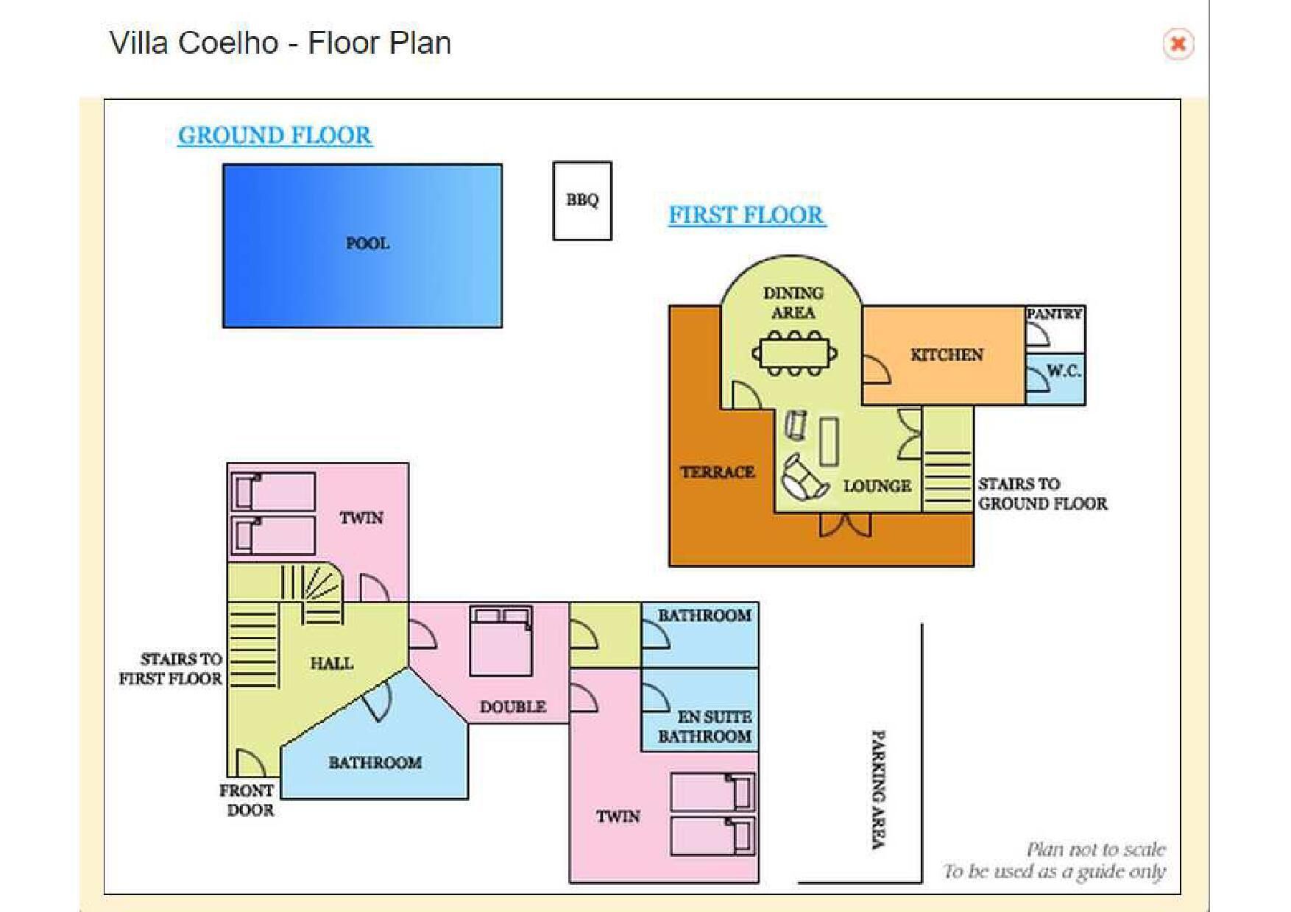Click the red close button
pyautogui.click(x=1178, y=44)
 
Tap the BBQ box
pyautogui.click(x=582, y=201)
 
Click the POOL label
pyautogui.click(x=367, y=243)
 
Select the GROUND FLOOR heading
pyautogui.click(x=275, y=135)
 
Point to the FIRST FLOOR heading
pyautogui.click(x=747, y=215)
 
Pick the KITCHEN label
pyautogui.click(x=947, y=355)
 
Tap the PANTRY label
pyautogui.click(x=1055, y=314)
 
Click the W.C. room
pyautogui.click(x=1055, y=379)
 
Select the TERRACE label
pyautogui.click(x=718, y=472)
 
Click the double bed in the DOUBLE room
pyautogui.click(x=501, y=641)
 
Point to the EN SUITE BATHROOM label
pyautogui.click(x=705, y=727)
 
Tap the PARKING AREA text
pyautogui.click(x=878, y=790)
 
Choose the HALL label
pyautogui.click(x=332, y=663)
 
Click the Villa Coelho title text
pyautogui.click(x=280, y=43)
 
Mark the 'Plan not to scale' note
pyautogui.click(x=1096, y=850)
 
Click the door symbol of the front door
pyautogui.click(x=250, y=763)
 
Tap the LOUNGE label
pyautogui.click(x=877, y=486)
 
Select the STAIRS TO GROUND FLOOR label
pyautogui.click(x=1042, y=494)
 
